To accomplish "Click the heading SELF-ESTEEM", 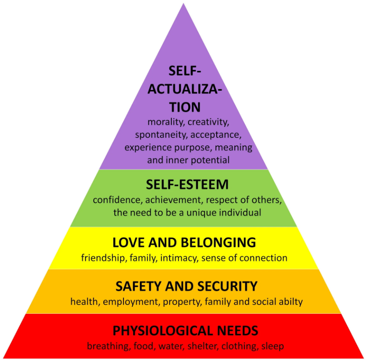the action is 187,184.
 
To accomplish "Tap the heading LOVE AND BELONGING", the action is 184,242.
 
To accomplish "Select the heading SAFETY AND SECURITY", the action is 186,286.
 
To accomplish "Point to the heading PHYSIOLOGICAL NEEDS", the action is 185,331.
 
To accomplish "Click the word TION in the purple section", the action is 185,107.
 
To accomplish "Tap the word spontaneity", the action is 161,135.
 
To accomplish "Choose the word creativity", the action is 208,122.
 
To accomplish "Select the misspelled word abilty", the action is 291,302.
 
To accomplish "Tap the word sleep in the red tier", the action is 273,346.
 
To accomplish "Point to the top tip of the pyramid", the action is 184,3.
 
